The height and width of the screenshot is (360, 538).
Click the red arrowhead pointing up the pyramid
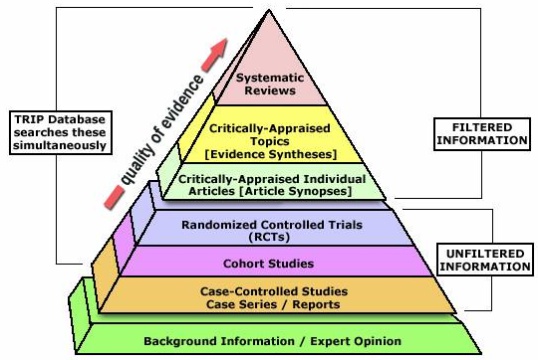pyautogui.click(x=215, y=55)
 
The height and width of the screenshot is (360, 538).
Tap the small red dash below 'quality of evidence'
pyautogui.click(x=114, y=197)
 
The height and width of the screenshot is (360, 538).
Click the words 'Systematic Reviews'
pyautogui.click(x=270, y=84)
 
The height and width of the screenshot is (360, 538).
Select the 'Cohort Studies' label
pyautogui.click(x=268, y=264)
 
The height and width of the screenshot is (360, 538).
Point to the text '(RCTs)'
pyautogui.click(x=270, y=237)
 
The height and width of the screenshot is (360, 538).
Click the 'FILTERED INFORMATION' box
pyautogui.click(x=482, y=134)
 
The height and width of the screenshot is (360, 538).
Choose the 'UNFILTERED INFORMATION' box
pyautogui.click(x=485, y=260)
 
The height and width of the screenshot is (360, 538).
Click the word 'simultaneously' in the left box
pyautogui.click(x=60, y=146)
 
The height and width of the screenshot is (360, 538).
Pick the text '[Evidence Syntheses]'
pyautogui.click(x=270, y=154)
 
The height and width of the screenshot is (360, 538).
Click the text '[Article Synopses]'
pyautogui.click(x=295, y=191)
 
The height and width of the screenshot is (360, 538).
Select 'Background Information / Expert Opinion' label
pyautogui.click(x=272, y=341)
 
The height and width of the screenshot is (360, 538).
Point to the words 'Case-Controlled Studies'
pyautogui.click(x=274, y=291)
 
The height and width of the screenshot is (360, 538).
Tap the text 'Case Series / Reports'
pyautogui.click(x=273, y=304)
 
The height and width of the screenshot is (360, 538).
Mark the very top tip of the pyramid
pyautogui.click(x=269, y=10)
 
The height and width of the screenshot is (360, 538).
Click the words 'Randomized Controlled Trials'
pyautogui.click(x=272, y=225)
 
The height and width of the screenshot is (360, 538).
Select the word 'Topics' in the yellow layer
pyautogui.click(x=270, y=141)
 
